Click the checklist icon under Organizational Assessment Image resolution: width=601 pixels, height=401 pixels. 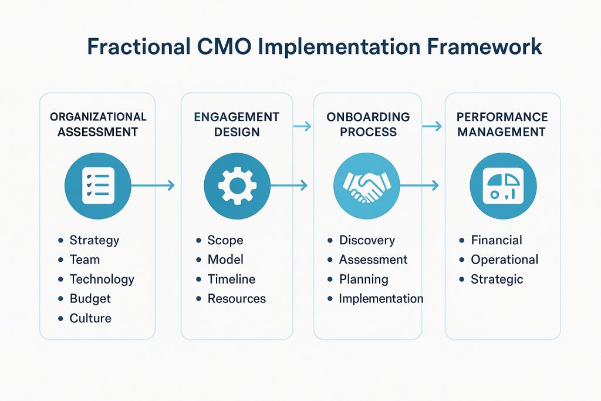[98, 185]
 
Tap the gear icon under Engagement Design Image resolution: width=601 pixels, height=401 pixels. [237, 185]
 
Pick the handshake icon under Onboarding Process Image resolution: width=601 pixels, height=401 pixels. [367, 185]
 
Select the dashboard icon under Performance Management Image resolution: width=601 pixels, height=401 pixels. [503, 185]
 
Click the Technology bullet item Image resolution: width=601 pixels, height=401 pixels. [102, 279]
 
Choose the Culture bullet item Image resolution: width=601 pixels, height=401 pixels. [90, 318]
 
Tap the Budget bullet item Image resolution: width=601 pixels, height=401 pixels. [90, 299]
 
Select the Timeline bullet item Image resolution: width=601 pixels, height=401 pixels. [231, 279]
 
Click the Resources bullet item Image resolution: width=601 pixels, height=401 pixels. [237, 299]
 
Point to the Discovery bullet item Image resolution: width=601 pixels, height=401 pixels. [367, 240]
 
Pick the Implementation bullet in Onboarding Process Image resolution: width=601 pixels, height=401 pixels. [381, 298]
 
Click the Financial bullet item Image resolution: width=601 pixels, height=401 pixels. [497, 240]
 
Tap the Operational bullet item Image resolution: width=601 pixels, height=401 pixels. [504, 260]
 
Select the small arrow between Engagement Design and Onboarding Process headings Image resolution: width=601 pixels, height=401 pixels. [302, 126]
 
